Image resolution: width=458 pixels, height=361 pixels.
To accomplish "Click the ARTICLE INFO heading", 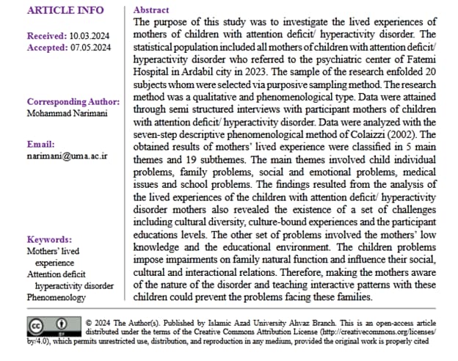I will coord(65,11).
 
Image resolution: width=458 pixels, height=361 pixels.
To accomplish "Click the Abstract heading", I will coord(150,11).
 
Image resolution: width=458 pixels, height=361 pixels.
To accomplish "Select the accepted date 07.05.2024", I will coord(90,48).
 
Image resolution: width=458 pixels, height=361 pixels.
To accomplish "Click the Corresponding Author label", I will coord(73,101).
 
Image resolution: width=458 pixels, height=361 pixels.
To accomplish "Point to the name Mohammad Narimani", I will coord(69,114).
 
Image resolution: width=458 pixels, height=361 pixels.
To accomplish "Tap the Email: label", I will coord(41,145).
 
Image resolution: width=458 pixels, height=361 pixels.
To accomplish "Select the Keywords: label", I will coord(49,239).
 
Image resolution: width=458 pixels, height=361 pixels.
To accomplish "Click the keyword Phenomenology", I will coord(57,297).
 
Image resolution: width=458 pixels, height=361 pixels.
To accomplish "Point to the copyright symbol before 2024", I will coord(89,321).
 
